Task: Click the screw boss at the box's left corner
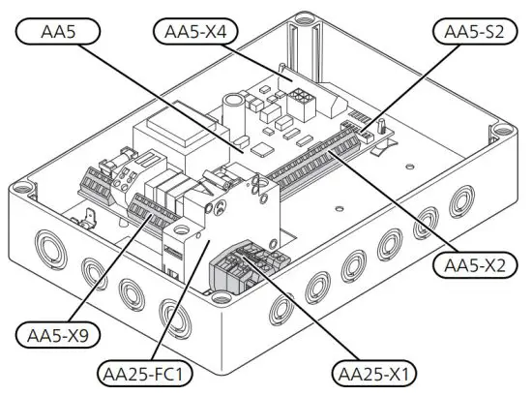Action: coord(21,182)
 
